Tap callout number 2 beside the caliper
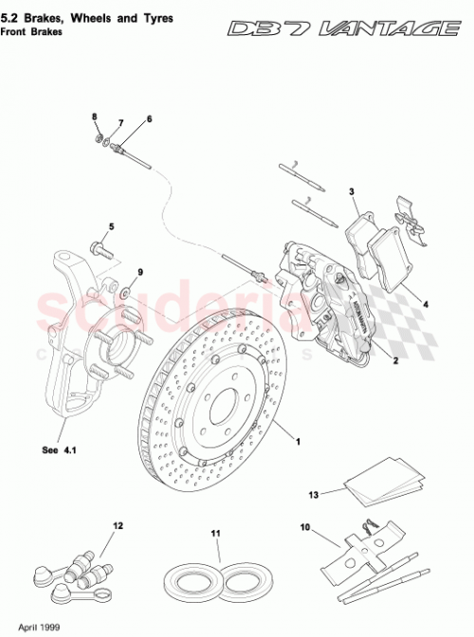393,360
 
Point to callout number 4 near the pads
425,305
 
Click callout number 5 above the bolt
110,227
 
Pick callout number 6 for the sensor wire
149,119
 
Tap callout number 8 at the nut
95,117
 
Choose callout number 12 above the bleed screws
118,524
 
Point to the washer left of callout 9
125,291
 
